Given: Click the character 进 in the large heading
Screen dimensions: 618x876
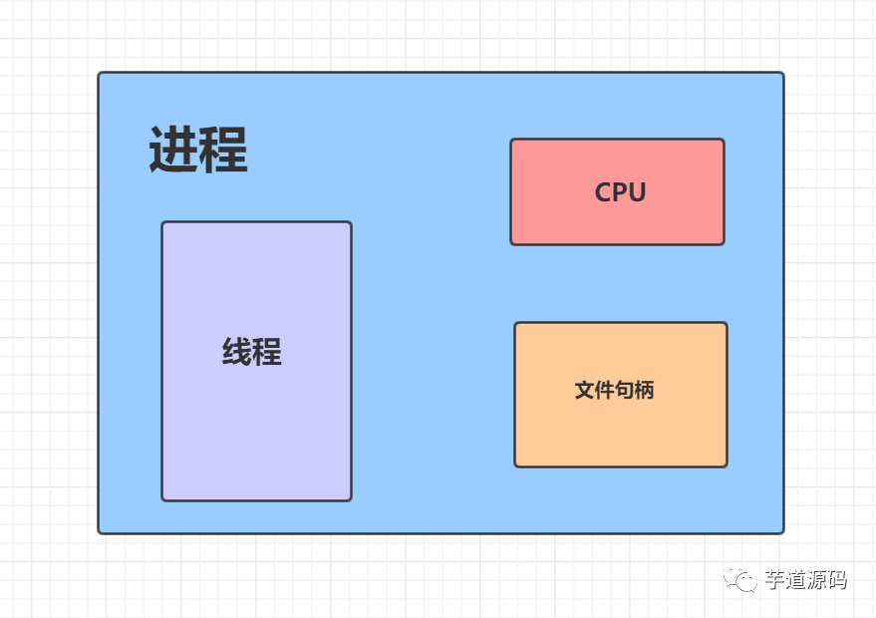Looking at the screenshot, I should tap(173, 152).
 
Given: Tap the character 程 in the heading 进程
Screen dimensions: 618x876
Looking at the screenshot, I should tap(222, 152).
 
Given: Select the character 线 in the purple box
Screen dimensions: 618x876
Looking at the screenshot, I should tap(237, 352).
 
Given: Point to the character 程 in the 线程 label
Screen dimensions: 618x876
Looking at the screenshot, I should tap(267, 352).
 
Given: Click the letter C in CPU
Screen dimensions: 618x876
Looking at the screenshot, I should tap(603, 192).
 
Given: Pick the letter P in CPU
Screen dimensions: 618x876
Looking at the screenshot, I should tap(620, 192).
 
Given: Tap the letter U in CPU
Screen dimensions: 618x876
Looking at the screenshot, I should tap(637, 192).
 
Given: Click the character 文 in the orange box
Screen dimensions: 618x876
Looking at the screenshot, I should tap(584, 391).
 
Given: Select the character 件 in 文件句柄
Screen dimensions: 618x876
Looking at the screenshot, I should tap(604, 391).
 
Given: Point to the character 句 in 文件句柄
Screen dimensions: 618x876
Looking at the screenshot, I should tap(624, 391).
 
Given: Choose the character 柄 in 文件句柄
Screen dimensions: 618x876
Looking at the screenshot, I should tap(644, 391).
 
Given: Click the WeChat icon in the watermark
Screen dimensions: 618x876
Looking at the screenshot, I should tap(739, 579).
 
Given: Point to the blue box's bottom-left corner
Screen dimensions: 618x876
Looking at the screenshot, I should tap(100, 531).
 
